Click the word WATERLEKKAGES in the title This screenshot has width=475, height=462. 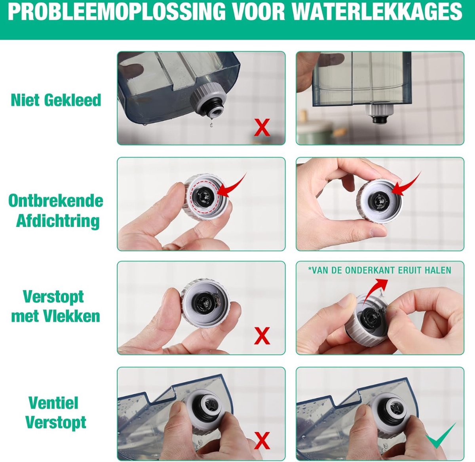click(377, 11)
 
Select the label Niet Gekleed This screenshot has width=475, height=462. click(56, 100)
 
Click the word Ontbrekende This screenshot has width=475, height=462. click(56, 201)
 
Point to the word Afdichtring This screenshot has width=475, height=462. click(58, 221)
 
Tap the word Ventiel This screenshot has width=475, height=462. click(53, 403)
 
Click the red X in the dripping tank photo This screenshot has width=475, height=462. click(262, 127)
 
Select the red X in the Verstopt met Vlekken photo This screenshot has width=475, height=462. click(262, 336)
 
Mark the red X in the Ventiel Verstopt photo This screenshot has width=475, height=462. click(262, 440)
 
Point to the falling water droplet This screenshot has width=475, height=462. click(211, 125)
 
